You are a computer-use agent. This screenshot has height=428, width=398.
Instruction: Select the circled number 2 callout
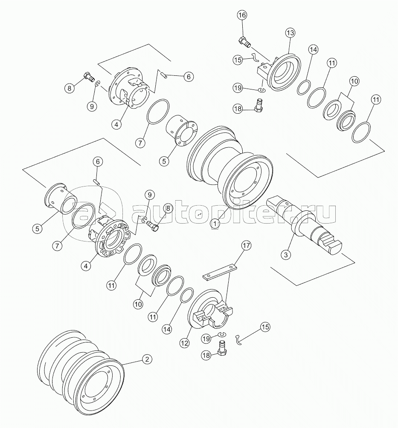tap(147, 359)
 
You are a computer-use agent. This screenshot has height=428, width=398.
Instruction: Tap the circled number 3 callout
tap(286, 255)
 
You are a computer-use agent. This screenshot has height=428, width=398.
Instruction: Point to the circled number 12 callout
tap(185, 343)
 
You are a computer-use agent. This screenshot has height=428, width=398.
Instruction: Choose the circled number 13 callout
tap(291, 33)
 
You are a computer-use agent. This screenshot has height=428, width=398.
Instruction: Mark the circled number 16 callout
tap(242, 15)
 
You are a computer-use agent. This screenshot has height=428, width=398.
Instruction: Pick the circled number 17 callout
tap(246, 246)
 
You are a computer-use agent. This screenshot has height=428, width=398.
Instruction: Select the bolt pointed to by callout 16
tap(245, 42)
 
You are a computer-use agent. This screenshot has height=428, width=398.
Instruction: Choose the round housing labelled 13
tap(282, 72)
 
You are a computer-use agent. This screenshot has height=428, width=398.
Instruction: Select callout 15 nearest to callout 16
tap(238, 60)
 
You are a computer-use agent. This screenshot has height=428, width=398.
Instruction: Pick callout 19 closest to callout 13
tap(238, 88)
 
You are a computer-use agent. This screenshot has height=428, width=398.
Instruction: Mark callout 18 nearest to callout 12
tap(206, 355)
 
